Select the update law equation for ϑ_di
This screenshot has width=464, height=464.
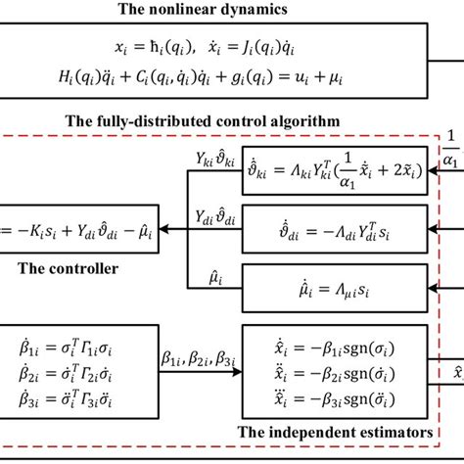335,229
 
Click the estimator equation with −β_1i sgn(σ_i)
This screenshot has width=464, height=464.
335,349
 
